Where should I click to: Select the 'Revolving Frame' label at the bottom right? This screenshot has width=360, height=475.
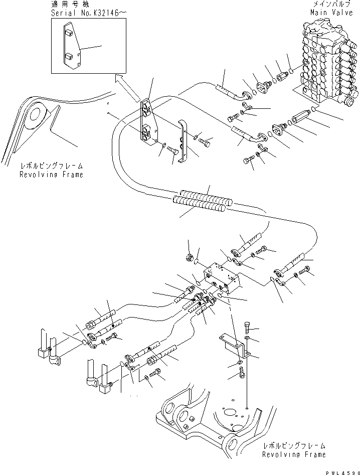click(x=294, y=454)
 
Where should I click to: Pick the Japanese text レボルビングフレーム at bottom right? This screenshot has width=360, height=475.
click(x=293, y=445)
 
